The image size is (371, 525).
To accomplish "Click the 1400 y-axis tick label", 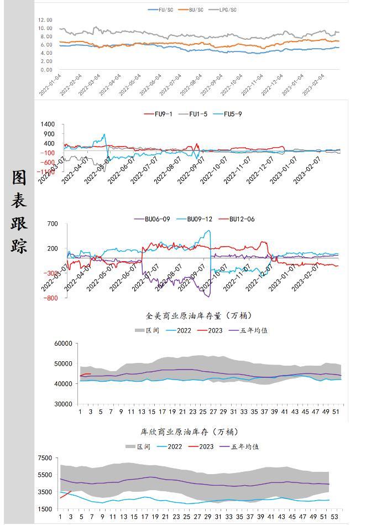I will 48,125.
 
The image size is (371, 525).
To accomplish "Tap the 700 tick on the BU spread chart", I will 53,224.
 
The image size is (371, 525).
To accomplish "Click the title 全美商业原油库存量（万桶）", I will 199,316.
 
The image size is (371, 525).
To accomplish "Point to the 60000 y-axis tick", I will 63,344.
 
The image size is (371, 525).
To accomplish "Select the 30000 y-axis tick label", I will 63,404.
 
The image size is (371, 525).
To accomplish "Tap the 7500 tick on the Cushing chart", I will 45,458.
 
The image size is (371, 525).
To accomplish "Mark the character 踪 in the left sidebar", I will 19,245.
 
